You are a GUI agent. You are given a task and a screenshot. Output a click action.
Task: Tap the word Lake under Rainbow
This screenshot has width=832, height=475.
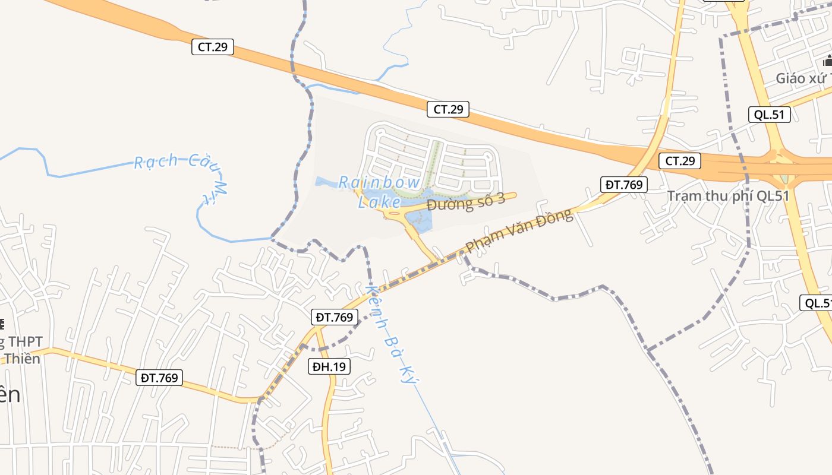(379, 202)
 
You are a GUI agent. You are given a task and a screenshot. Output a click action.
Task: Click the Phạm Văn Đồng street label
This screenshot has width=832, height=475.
(519, 231)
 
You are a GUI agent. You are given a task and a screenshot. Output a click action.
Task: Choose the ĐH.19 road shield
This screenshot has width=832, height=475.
(330, 366)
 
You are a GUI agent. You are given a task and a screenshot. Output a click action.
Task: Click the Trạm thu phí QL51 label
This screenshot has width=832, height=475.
(727, 196)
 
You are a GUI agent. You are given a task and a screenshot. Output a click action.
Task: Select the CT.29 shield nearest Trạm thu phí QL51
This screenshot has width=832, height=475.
(680, 160)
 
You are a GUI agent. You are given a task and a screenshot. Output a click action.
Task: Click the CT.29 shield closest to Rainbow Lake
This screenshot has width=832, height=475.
(448, 109)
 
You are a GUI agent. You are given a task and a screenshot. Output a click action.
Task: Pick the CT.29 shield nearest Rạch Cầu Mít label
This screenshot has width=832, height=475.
(213, 47)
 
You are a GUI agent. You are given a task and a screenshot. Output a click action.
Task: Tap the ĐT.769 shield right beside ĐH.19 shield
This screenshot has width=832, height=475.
(335, 317)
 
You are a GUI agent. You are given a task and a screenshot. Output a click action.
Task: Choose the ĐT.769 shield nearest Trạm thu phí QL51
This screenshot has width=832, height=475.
(624, 184)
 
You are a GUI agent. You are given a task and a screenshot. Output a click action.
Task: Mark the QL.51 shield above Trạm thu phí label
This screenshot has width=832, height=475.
(769, 115)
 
